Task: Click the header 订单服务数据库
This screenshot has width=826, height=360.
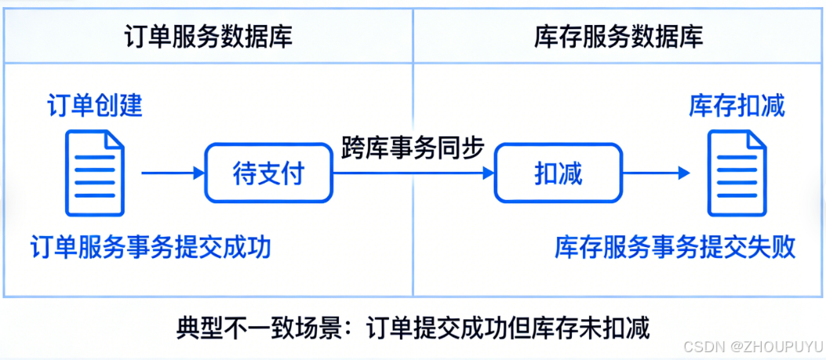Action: (209, 36)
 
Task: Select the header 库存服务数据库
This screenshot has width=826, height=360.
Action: (618, 36)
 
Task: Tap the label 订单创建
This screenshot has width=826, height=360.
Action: (94, 105)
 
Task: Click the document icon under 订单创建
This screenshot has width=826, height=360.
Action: (94, 173)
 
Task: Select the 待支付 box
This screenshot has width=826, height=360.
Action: (267, 173)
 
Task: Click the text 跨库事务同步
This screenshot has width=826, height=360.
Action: (412, 147)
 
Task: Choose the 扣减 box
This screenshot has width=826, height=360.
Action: (559, 173)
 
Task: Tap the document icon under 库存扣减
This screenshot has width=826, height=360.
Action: (737, 173)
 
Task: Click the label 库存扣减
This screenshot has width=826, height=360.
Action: (737, 105)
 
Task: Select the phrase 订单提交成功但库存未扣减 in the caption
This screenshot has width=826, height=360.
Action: (508, 326)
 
